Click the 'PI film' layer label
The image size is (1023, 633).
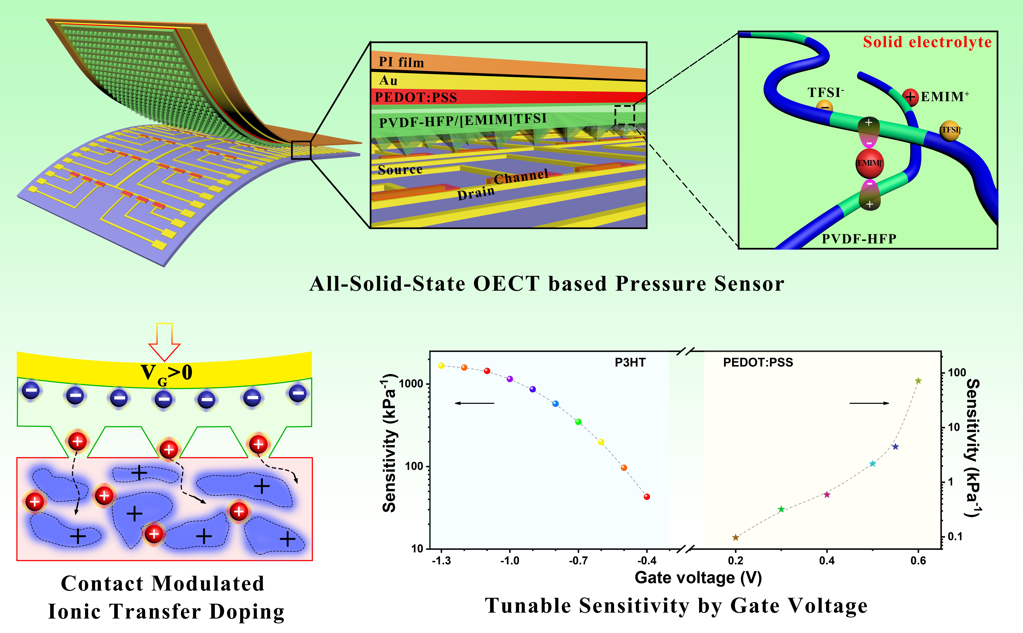(x=401, y=62)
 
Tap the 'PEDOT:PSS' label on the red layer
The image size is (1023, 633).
(x=416, y=97)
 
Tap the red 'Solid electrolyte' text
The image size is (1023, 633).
(x=927, y=42)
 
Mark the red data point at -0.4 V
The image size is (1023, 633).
(x=647, y=497)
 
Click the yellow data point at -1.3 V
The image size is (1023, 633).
(x=441, y=366)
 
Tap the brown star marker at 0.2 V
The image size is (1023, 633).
(x=736, y=537)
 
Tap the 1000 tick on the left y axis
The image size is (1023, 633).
(x=411, y=383)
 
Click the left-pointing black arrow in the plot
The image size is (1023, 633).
(x=474, y=403)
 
